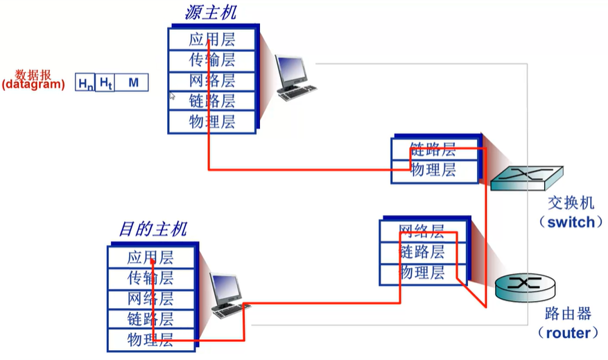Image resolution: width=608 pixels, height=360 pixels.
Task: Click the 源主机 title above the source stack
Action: (x=211, y=12)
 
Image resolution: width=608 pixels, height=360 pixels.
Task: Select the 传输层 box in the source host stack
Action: (x=211, y=60)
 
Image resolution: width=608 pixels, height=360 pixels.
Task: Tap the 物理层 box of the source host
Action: (x=211, y=122)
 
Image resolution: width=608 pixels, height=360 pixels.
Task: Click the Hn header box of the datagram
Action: (x=85, y=83)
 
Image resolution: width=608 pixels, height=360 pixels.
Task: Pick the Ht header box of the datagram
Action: (x=105, y=83)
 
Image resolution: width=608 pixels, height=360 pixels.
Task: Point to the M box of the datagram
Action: (x=133, y=83)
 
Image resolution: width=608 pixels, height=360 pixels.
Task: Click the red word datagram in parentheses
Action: (x=33, y=85)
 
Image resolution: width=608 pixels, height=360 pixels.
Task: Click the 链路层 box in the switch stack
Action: (x=433, y=149)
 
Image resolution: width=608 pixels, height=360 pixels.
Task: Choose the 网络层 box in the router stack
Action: (x=422, y=231)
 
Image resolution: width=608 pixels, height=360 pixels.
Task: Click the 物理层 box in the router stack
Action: (x=422, y=273)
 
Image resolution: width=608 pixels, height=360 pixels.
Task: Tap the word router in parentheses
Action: (x=568, y=333)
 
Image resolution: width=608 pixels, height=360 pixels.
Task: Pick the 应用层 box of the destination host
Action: (x=150, y=258)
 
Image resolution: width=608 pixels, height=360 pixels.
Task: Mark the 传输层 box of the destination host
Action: (x=150, y=279)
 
